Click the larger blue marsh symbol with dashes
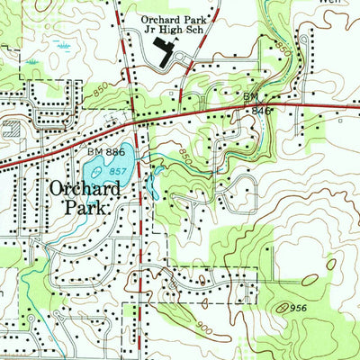click(63, 43)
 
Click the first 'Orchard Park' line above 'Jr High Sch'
click(175, 17)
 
